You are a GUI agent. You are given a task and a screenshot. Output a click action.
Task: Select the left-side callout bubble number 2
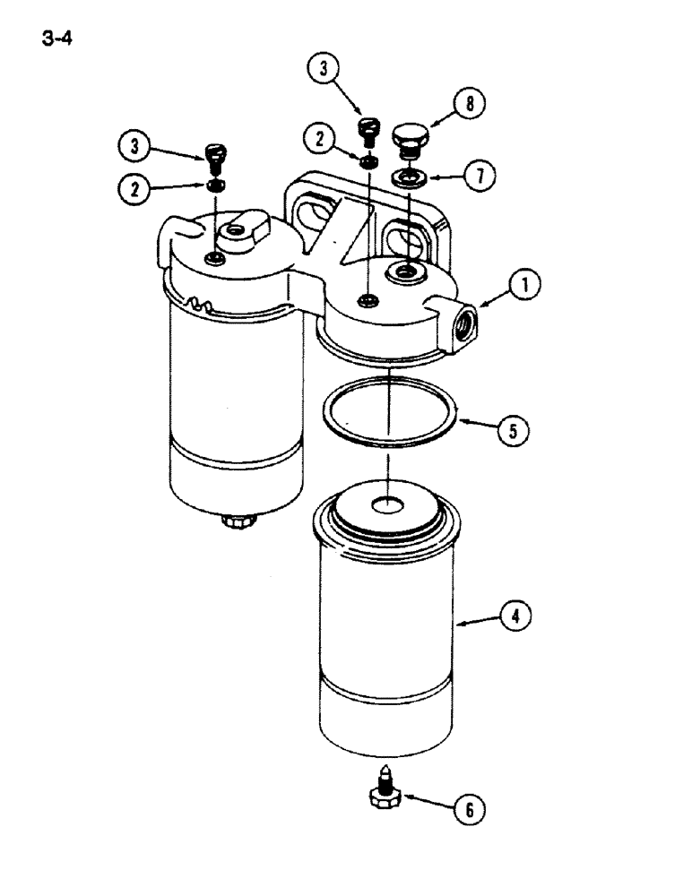pyautogui.click(x=135, y=189)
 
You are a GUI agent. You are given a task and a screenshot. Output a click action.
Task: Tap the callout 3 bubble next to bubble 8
pyautogui.click(x=324, y=69)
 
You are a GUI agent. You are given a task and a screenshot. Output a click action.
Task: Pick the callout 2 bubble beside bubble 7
pyautogui.click(x=320, y=139)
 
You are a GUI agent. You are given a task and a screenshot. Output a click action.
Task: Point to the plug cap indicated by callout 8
pyautogui.click(x=411, y=139)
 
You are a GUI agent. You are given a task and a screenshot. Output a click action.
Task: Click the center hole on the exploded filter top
pyautogui.click(x=389, y=506)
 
